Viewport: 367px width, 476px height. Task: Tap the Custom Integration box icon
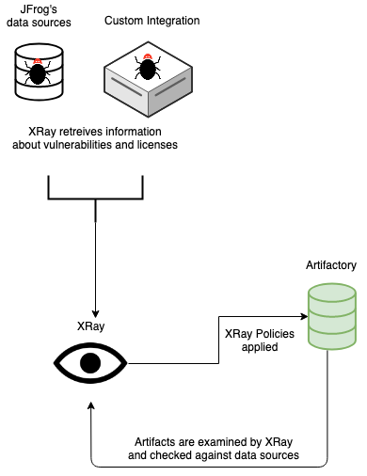[147, 76]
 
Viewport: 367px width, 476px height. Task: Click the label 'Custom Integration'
[152, 20]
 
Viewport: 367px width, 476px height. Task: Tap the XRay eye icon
[89, 362]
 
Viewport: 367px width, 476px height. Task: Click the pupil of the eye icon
[89, 362]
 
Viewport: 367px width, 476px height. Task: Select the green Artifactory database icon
[331, 316]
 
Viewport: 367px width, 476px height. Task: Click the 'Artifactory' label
[331, 266]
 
